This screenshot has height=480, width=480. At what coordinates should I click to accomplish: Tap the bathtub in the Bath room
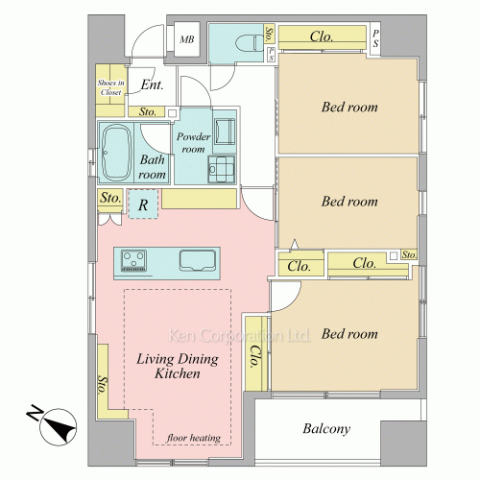click(x=116, y=153)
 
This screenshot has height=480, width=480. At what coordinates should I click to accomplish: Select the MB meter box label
click(x=186, y=39)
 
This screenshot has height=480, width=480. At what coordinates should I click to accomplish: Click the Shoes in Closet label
click(x=110, y=87)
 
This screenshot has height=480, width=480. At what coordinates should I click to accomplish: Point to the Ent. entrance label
click(x=152, y=84)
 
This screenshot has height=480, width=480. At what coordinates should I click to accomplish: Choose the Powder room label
click(x=193, y=143)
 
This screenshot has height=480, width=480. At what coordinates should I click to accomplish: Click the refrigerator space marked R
click(x=143, y=204)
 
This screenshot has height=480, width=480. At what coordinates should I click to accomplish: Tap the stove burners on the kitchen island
click(x=133, y=260)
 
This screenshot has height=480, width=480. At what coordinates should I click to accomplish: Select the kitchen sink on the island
click(x=198, y=260)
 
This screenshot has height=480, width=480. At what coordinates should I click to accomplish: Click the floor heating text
click(x=194, y=438)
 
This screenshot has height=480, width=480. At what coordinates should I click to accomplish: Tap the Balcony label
click(x=326, y=429)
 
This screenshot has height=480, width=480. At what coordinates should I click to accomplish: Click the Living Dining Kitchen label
click(x=178, y=367)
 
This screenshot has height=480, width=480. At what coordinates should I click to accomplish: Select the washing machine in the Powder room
click(x=225, y=132)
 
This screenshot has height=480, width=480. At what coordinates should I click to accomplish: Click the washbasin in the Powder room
click(x=222, y=169)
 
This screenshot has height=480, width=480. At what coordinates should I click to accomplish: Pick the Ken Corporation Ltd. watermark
click(x=239, y=335)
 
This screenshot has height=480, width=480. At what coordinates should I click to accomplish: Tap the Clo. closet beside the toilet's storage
click(x=322, y=37)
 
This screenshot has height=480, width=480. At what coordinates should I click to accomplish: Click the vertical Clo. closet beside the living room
click(x=256, y=353)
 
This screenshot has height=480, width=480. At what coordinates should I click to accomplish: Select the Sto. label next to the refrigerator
click(x=110, y=198)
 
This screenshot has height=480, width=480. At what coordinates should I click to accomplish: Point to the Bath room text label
click(x=152, y=167)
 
